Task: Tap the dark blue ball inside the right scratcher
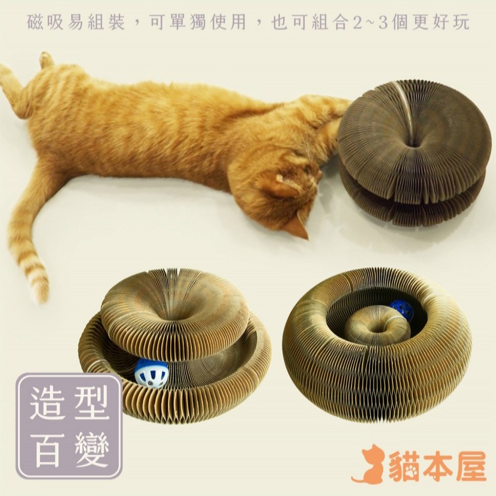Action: point(401,310)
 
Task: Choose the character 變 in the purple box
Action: point(91,450)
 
